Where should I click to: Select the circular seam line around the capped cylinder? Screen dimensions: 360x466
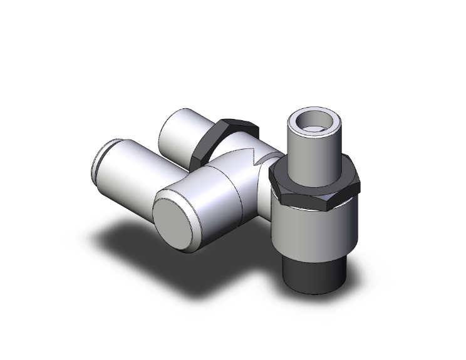[x=238, y=188]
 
